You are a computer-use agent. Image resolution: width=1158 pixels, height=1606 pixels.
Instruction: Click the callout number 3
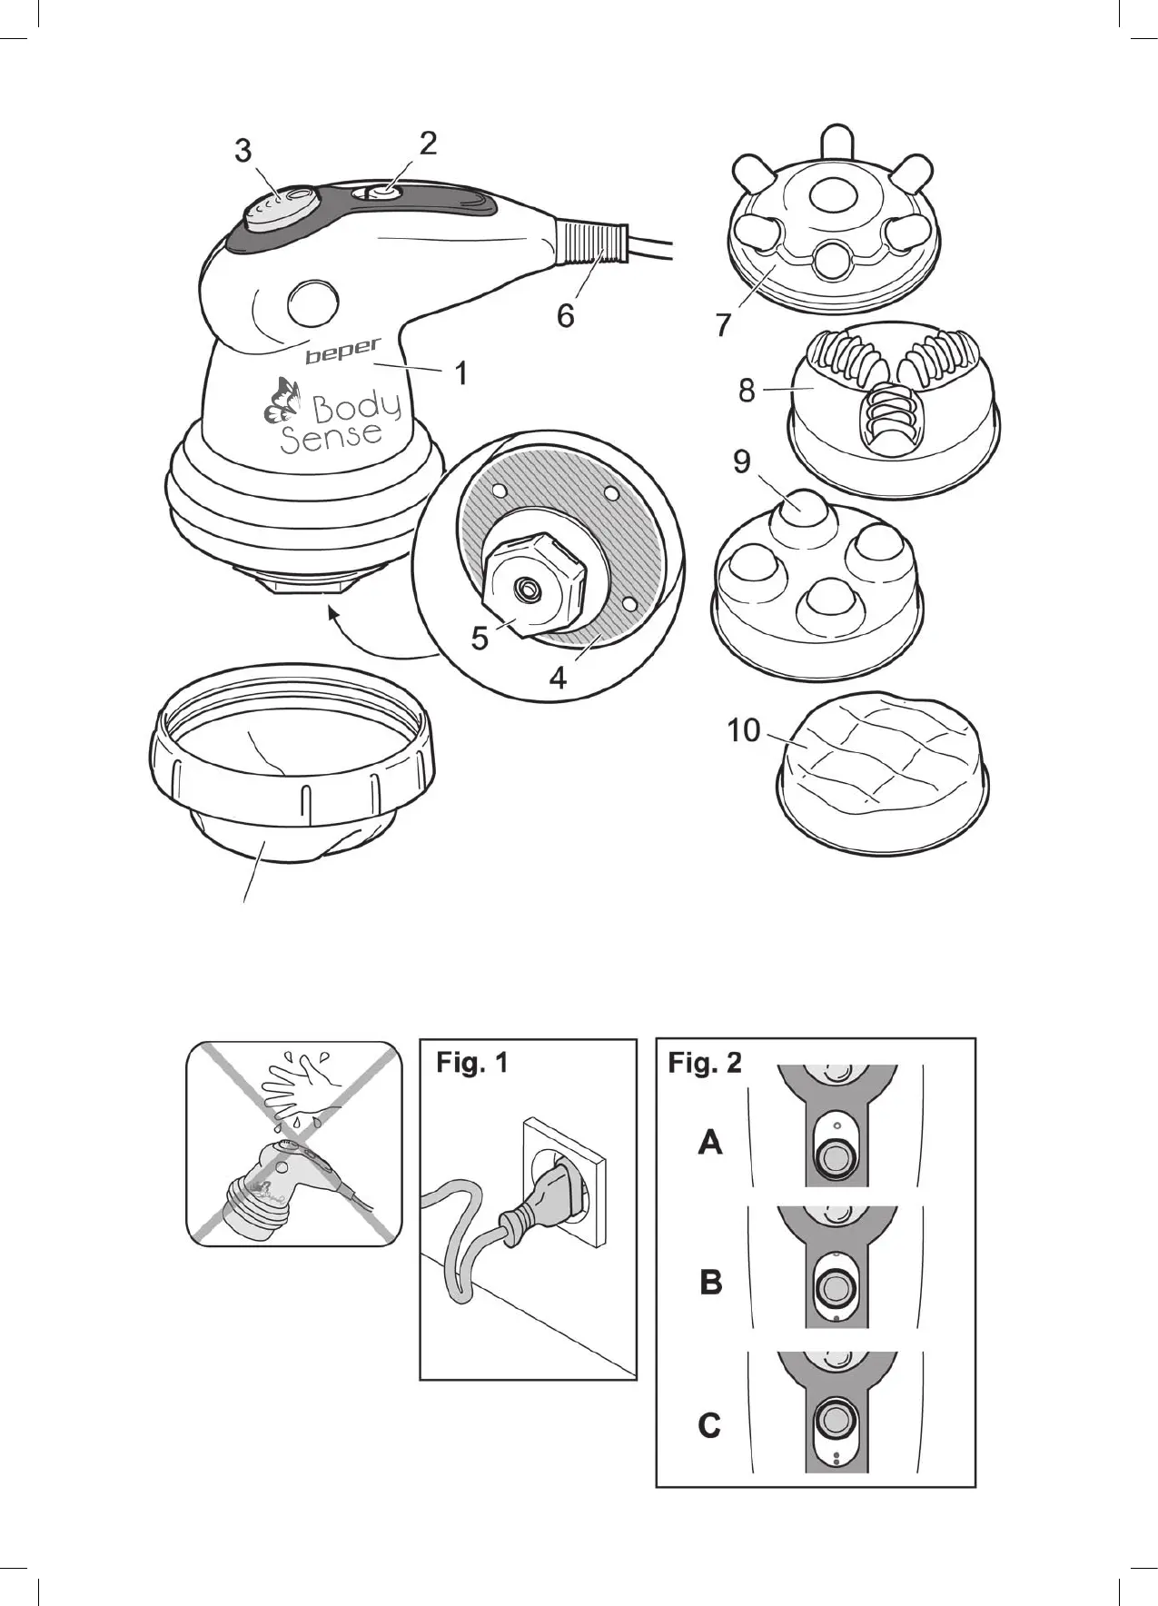point(242,151)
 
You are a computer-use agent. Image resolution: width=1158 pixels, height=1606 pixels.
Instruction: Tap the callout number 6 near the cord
point(565,315)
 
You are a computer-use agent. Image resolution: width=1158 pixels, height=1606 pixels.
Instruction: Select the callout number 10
point(743,729)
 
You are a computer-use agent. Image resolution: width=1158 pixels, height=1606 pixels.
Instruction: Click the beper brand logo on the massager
point(342,352)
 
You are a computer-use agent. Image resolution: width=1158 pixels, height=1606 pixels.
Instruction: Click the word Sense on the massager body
point(331,435)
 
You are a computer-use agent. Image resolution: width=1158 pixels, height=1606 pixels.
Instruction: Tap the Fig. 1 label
point(472,1062)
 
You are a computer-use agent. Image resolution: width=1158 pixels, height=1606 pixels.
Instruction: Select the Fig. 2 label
point(705,1062)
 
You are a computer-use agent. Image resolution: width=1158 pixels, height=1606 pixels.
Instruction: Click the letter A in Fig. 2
point(710,1142)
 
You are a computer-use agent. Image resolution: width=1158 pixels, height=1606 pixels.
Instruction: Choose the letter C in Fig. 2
point(709,1425)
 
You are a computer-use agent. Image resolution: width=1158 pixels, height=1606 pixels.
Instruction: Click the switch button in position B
point(832,1286)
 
